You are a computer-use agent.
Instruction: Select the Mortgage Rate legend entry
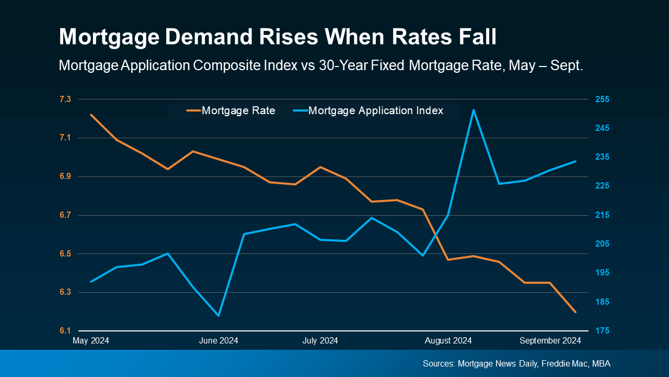click(x=231, y=110)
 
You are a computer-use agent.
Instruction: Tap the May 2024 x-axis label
click(x=91, y=341)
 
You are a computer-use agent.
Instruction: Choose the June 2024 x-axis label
click(x=218, y=341)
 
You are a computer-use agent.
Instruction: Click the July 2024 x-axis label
click(x=320, y=341)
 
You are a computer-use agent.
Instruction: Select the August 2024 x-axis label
click(x=448, y=341)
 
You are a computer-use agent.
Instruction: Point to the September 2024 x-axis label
click(x=550, y=341)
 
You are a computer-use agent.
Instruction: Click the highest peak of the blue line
click(x=474, y=110)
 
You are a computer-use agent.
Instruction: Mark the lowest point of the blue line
click(x=218, y=316)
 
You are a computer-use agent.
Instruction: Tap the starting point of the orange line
click(x=91, y=114)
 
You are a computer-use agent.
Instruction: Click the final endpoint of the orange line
click(x=575, y=312)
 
